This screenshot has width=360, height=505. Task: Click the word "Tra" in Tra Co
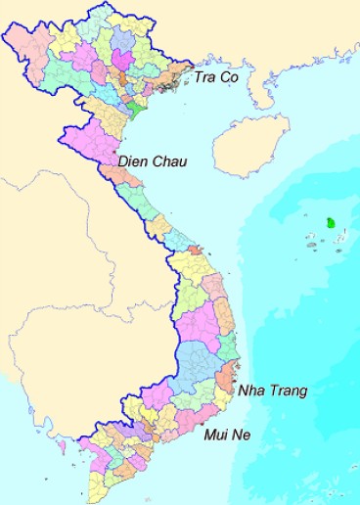[x=206, y=76]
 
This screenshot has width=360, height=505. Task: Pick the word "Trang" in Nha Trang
[x=288, y=390]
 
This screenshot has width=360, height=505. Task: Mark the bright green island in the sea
[x=333, y=223]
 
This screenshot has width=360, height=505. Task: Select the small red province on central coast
[x=195, y=250]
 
